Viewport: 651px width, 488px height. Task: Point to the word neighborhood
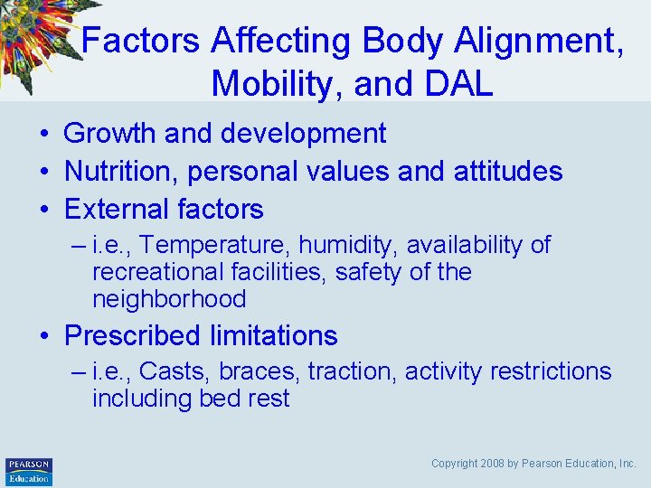[169, 299]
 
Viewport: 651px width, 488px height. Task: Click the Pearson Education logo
[29, 472]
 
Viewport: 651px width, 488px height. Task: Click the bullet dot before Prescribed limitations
[43, 337]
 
